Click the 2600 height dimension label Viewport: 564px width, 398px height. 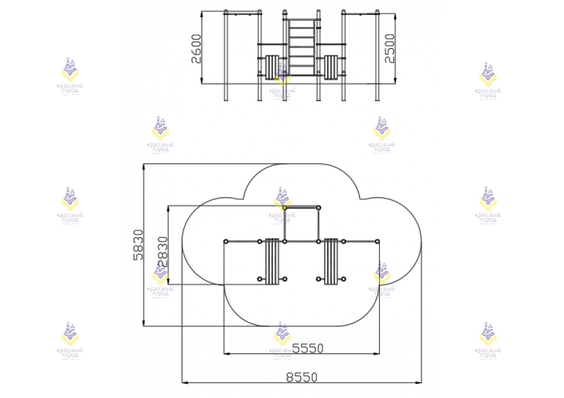(196, 49)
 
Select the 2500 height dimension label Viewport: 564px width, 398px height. (402, 47)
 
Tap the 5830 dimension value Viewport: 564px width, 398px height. (139, 245)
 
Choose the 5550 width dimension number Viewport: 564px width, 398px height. (307, 348)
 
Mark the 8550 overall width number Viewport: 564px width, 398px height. (301, 377)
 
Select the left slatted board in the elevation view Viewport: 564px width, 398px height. (272, 67)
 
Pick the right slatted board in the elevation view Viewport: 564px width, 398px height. (333, 67)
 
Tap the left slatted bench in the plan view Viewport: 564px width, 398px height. (271, 260)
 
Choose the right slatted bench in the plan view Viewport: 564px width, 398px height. (332, 260)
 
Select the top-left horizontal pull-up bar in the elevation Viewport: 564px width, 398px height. (242, 12)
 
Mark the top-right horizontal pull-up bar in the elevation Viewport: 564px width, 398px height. (361, 12)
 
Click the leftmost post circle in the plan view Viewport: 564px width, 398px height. (225, 242)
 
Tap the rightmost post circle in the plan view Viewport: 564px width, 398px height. (377, 242)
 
